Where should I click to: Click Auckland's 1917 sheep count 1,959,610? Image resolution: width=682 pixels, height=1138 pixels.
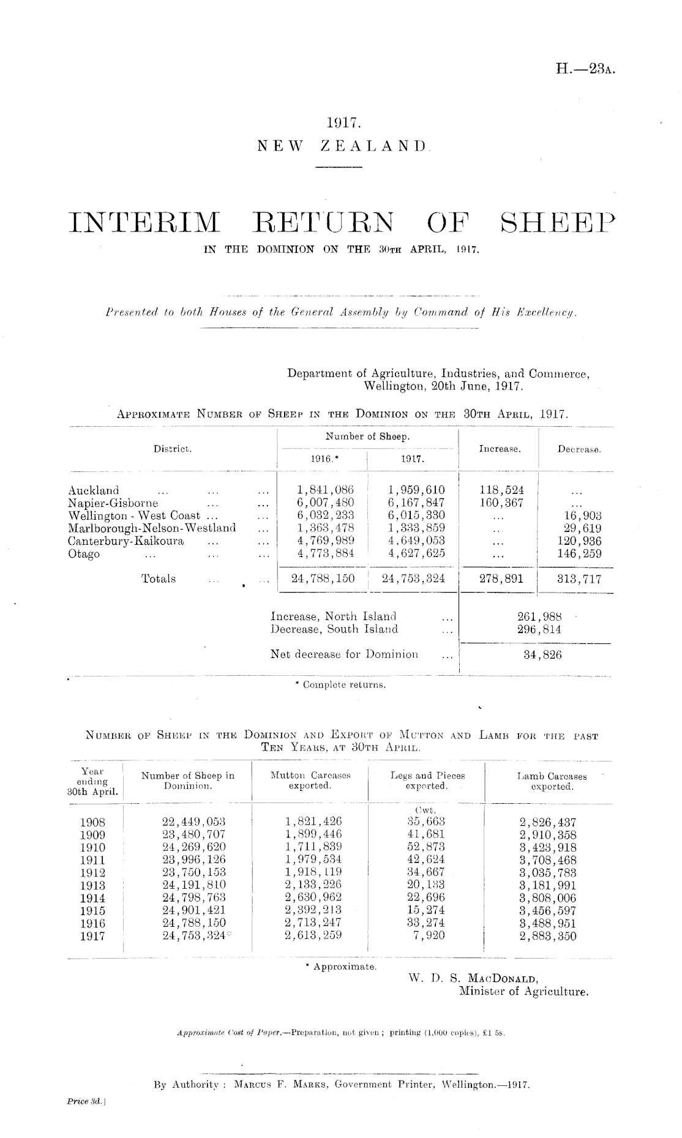[416, 490]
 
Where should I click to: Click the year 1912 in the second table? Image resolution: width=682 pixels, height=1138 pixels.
[93, 873]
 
